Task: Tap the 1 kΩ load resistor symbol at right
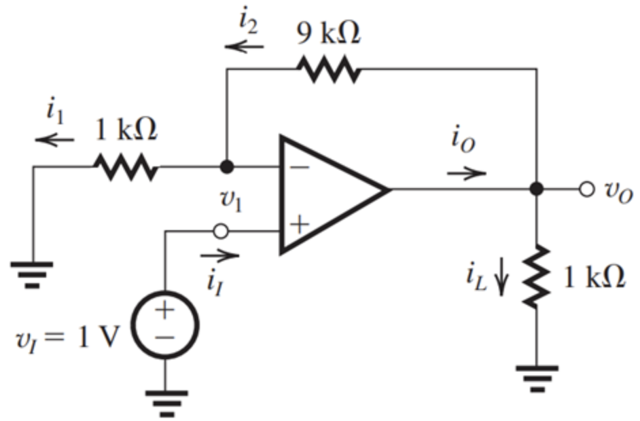click(x=537, y=275)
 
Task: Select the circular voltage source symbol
click(x=165, y=325)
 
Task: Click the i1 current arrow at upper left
click(x=56, y=140)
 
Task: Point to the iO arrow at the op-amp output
click(x=467, y=172)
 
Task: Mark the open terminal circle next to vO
click(x=588, y=189)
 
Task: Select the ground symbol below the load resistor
click(x=537, y=378)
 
